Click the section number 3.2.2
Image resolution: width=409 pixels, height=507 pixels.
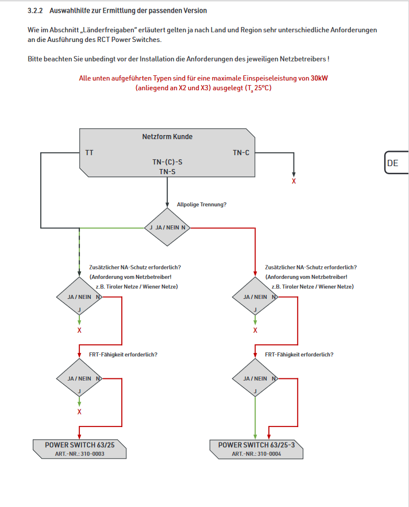36,11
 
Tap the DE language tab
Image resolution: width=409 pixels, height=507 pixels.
393,163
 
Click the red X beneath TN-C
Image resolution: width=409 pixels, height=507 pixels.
294,182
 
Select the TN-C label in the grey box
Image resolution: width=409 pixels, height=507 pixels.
241,153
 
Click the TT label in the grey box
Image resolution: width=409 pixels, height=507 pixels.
89,153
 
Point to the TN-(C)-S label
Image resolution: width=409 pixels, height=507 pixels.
167,163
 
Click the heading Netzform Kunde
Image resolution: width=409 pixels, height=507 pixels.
167,137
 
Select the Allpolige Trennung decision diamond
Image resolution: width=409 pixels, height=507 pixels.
167,228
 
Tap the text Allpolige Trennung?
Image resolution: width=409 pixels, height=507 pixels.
201,204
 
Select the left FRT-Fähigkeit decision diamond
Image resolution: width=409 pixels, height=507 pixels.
79,378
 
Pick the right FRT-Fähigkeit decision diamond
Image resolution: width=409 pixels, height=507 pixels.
256,378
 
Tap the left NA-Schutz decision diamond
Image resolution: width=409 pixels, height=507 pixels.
79,297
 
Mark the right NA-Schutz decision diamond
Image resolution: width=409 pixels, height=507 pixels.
256,297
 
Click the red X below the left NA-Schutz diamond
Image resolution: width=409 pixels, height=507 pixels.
79,330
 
